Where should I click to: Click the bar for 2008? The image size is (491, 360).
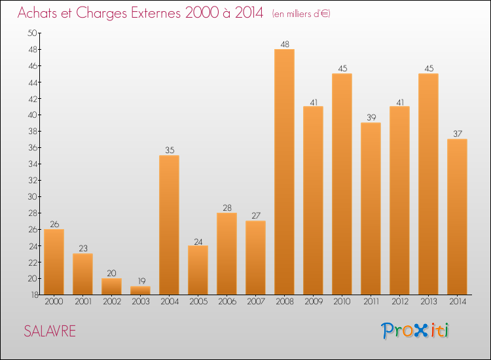coord(284,171)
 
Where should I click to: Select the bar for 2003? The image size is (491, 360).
coord(140,290)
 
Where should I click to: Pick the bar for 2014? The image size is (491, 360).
coord(457,217)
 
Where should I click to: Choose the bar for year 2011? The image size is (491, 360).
coord(371,208)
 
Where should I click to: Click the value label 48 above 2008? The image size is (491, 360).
coord(284,45)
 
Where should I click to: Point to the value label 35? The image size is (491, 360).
coord(169,151)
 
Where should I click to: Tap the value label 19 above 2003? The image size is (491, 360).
coord(140,281)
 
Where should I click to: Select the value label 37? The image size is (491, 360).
coord(457,134)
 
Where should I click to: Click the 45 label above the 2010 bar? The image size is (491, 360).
coord(342,69)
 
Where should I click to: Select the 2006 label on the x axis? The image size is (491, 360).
coord(227,302)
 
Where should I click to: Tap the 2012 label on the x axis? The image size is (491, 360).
coord(399,302)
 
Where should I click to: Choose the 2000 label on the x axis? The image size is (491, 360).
coord(54,302)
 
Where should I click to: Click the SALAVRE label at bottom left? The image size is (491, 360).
coord(50,331)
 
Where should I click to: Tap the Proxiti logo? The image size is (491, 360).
coord(416,331)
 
